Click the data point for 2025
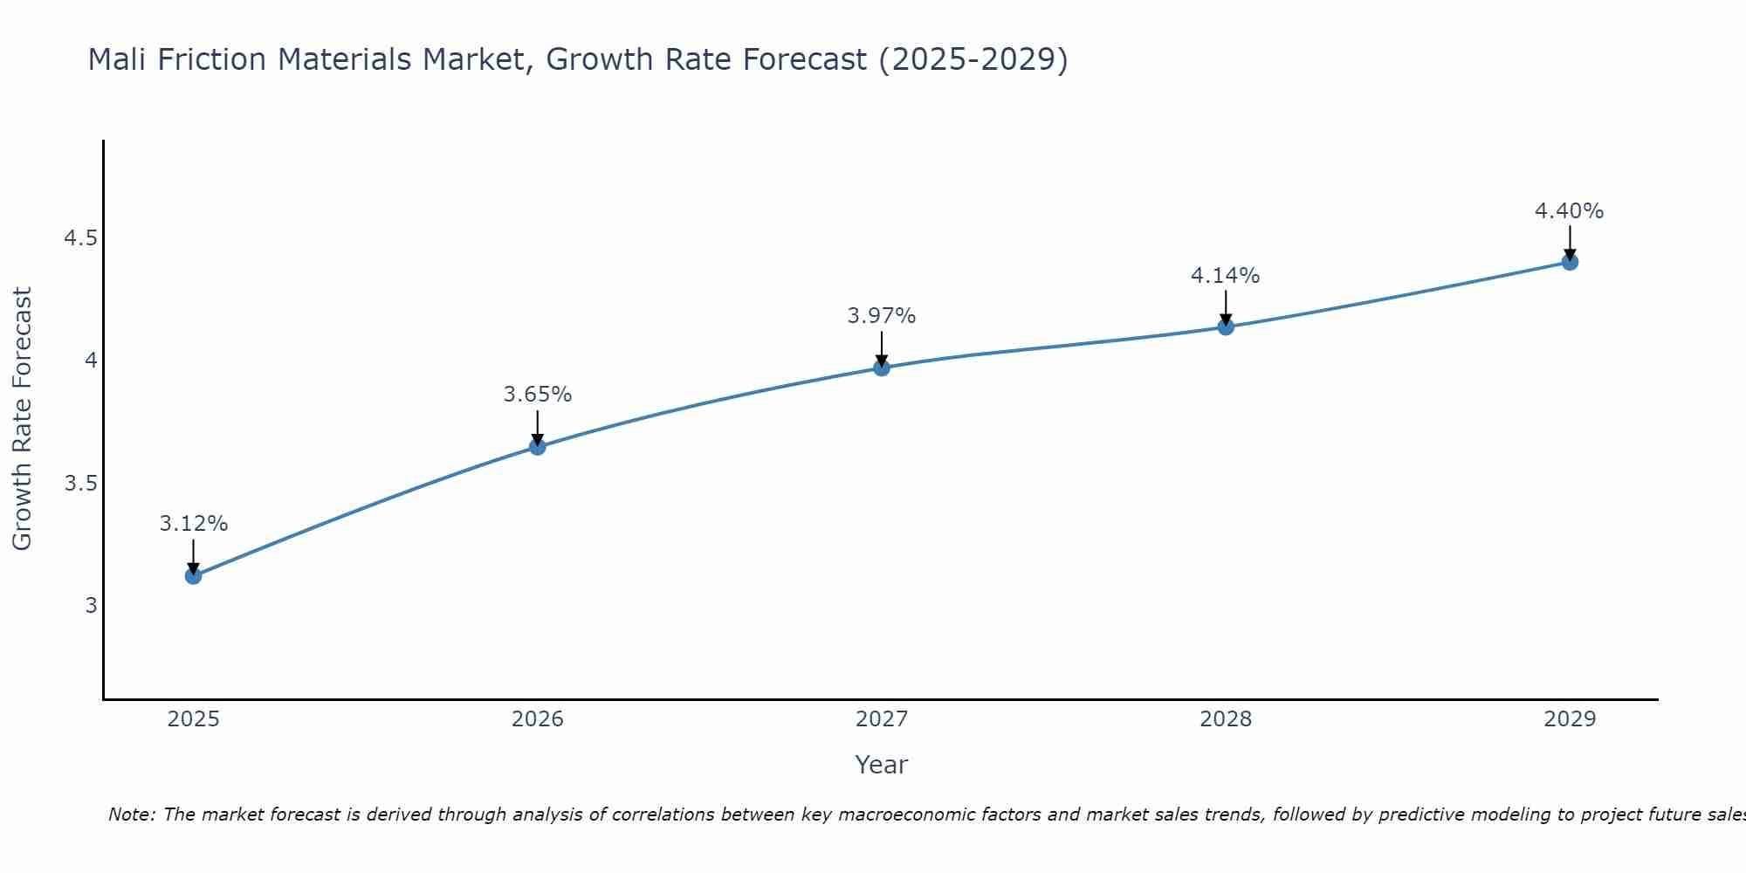point(194,576)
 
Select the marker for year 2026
point(538,447)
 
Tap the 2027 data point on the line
point(882,368)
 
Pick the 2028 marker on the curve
point(1226,327)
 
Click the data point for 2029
point(1570,262)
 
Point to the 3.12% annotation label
point(194,524)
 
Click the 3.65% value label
point(538,395)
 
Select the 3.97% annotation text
point(882,316)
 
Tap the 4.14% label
point(1226,276)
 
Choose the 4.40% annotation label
point(1570,211)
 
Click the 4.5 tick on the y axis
point(80,238)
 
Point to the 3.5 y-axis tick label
point(80,484)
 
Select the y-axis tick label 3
point(91,606)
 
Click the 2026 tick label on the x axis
point(538,719)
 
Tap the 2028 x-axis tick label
point(1226,719)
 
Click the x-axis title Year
point(882,765)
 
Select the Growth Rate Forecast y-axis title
point(22,419)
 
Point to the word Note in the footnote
point(130,815)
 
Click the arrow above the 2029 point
point(1570,242)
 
